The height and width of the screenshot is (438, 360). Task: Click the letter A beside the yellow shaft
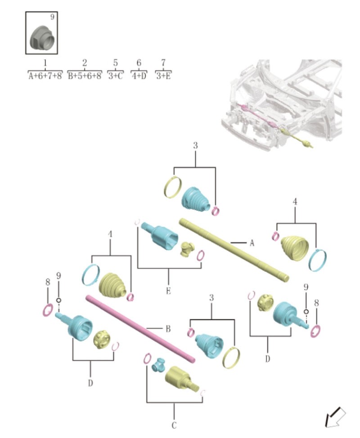[252, 243]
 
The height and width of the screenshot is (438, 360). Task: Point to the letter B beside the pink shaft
[168, 329]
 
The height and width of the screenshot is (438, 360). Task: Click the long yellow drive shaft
[234, 250]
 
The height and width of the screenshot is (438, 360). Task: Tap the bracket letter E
[168, 291]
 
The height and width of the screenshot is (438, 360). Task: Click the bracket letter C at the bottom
[174, 425]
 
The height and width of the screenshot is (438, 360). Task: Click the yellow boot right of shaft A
[295, 247]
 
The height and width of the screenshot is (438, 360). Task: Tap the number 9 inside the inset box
[52, 17]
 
